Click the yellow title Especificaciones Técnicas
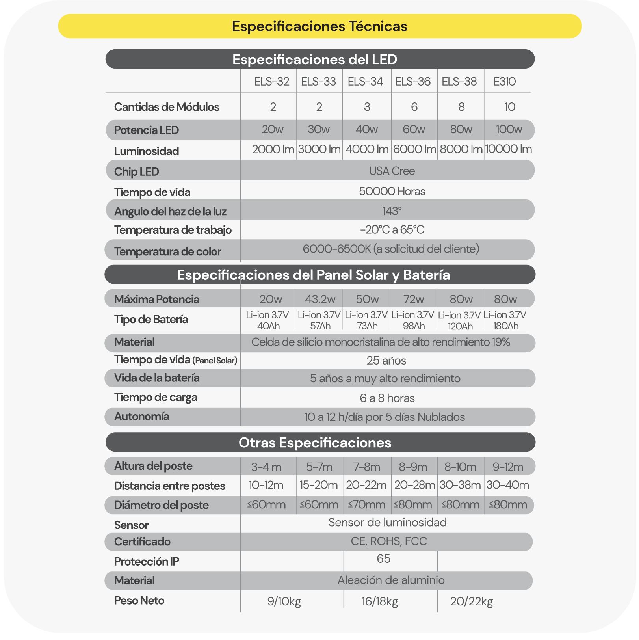pyautogui.click(x=319, y=26)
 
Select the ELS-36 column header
pyautogui.click(x=413, y=82)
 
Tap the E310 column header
pyautogui.click(x=505, y=82)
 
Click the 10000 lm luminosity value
pyautogui.click(x=508, y=149)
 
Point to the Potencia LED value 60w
pyautogui.click(x=414, y=129)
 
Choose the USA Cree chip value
pyautogui.click(x=392, y=171)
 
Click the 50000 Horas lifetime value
pyautogui.click(x=392, y=192)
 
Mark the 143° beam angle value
pyautogui.click(x=392, y=211)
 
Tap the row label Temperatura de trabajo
pyautogui.click(x=173, y=230)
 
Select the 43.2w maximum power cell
pyautogui.click(x=320, y=300)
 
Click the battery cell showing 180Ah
pyautogui.click(x=505, y=321)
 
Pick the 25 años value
pyautogui.click(x=386, y=361)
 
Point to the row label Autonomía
pyautogui.click(x=142, y=417)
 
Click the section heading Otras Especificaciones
pyautogui.click(x=315, y=443)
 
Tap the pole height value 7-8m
pyautogui.click(x=367, y=467)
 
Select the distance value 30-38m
pyautogui.click(x=460, y=485)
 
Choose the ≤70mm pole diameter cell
pyautogui.click(x=367, y=505)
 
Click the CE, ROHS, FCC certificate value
pyautogui.click(x=389, y=541)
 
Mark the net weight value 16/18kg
pyautogui.click(x=380, y=602)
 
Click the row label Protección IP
pyautogui.click(x=147, y=562)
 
